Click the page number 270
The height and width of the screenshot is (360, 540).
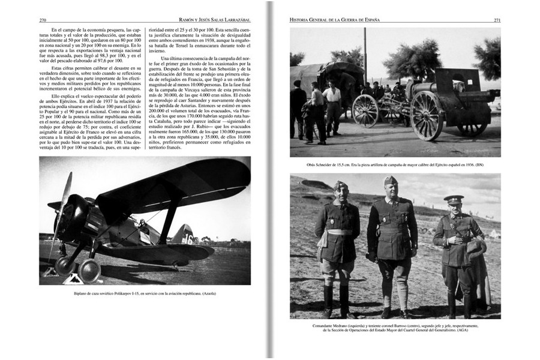click(x=43, y=20)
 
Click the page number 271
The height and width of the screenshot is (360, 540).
click(x=497, y=20)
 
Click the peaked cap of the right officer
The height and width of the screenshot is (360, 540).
click(x=454, y=199)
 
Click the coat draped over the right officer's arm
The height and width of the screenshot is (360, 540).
click(x=477, y=252)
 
